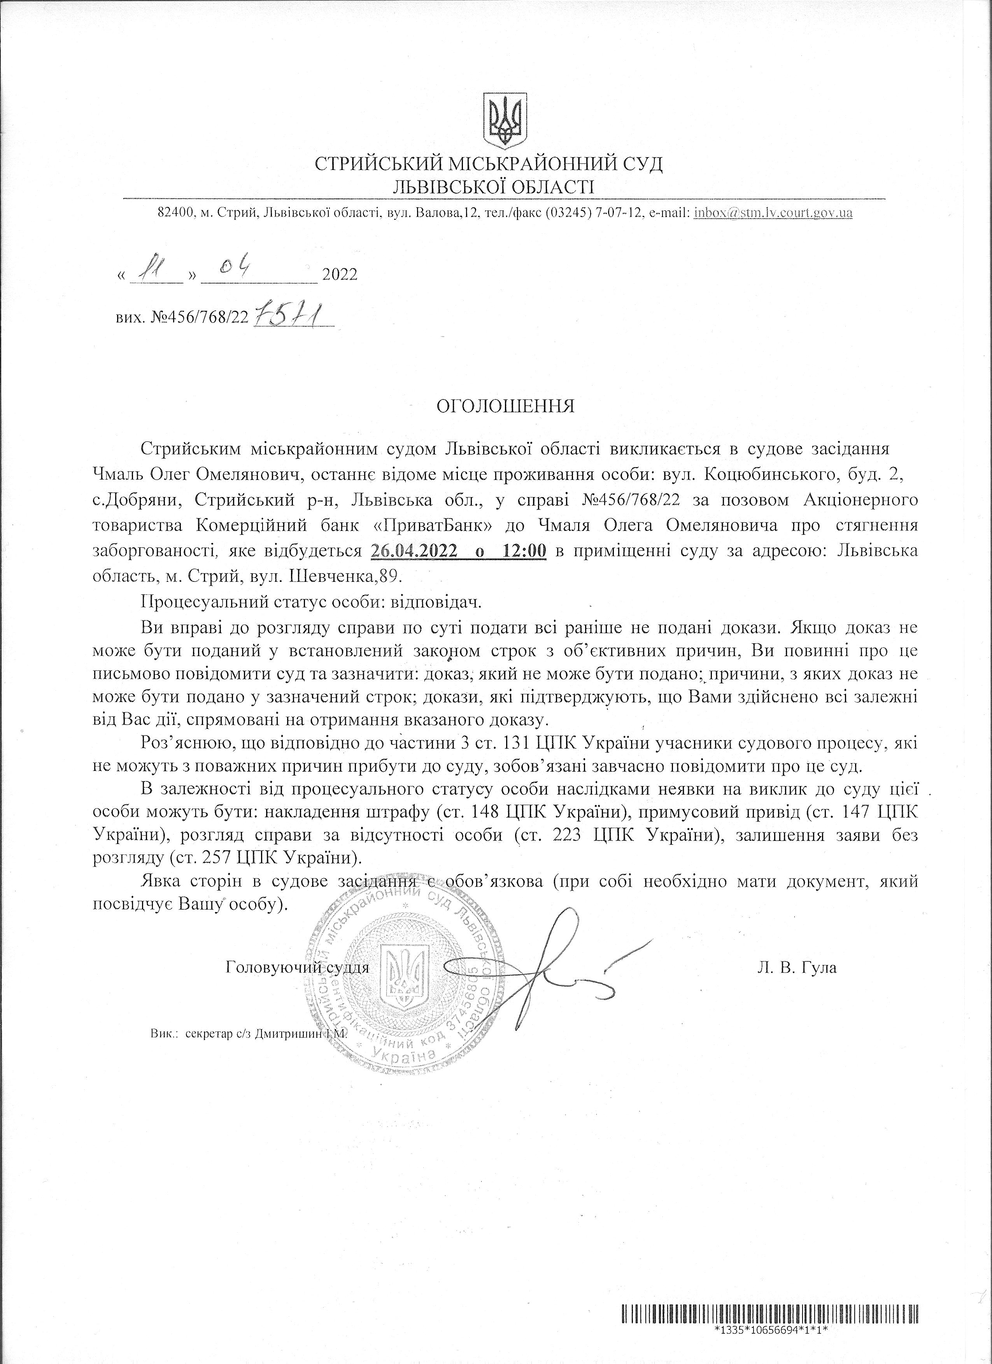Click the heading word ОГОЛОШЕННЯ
(x=505, y=406)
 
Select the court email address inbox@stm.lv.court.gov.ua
(x=773, y=212)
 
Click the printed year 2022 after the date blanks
(x=340, y=275)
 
